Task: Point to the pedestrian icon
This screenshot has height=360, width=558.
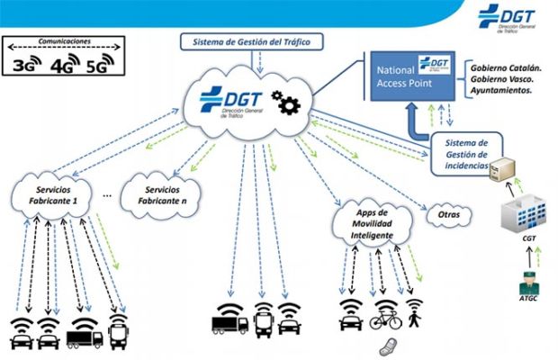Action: tap(413, 318)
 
